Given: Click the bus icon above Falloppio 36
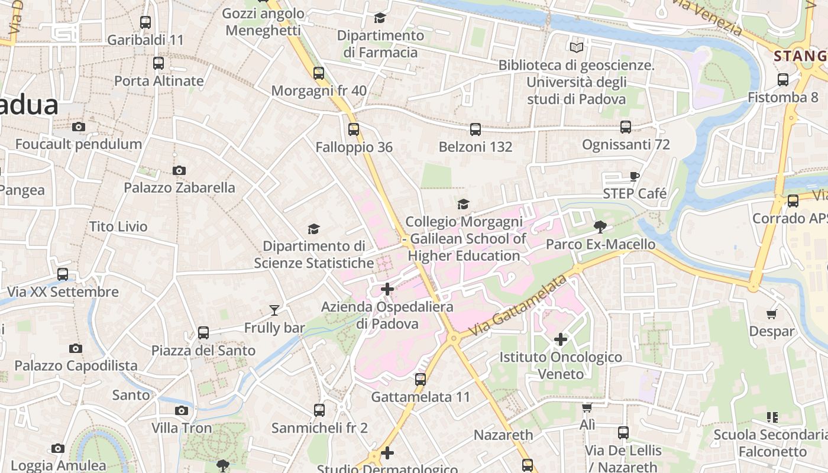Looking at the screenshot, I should point(354,129).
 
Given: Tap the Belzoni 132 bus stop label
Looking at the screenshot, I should point(475,147).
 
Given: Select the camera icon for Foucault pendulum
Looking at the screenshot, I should point(78,127).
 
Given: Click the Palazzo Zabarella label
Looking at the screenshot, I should point(179,188).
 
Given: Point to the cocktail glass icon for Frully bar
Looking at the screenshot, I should point(274,310).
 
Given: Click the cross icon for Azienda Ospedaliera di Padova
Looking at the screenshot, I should point(387,289).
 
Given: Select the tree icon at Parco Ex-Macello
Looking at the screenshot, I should point(600,226).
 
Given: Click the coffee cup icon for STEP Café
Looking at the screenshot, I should point(635,176).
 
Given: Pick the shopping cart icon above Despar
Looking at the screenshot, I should point(771,314).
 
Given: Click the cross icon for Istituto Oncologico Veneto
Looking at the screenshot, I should point(561,339).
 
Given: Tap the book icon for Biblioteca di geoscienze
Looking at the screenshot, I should point(577,47).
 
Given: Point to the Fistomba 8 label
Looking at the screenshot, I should point(782,98).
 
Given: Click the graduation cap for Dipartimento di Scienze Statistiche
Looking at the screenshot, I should point(313,229).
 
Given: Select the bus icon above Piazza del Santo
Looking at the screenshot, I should point(203,333).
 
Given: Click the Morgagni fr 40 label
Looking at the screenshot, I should point(319,91).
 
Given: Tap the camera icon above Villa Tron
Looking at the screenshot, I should point(182,410).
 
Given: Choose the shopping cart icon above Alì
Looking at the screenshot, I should point(587,407).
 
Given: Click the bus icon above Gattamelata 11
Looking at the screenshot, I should point(421,380).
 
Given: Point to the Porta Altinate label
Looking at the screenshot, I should point(159,81).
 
